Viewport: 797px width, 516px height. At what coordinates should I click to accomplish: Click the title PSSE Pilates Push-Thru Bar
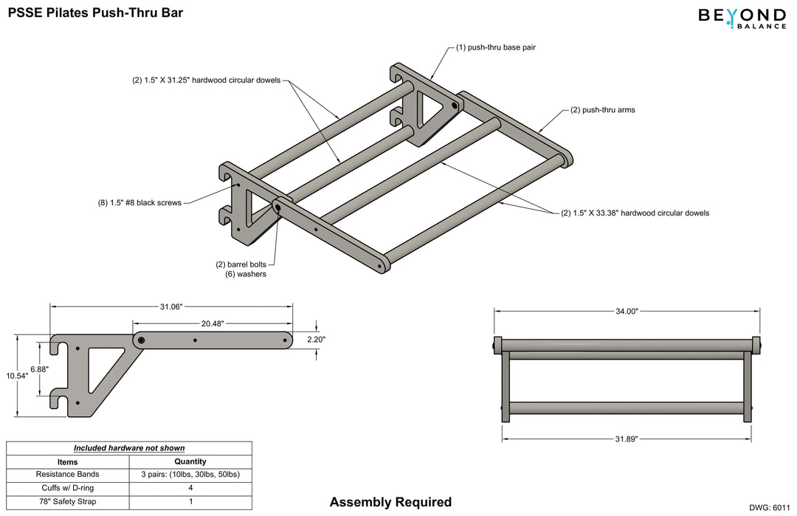95,13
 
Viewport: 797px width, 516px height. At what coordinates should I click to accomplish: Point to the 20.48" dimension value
213,323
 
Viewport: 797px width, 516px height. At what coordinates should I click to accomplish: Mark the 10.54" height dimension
17,376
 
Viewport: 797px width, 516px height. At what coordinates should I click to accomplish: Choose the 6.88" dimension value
41,368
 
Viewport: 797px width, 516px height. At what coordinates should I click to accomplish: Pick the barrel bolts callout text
241,264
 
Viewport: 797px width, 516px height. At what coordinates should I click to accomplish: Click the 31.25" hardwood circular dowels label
201,80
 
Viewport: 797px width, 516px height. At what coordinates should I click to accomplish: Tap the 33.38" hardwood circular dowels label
635,213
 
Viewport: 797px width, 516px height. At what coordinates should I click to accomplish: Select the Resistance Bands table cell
67,474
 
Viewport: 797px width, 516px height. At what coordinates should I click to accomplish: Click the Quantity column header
190,461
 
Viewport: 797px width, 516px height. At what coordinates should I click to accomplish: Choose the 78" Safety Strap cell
67,502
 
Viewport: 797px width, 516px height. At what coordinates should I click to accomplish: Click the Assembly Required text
390,503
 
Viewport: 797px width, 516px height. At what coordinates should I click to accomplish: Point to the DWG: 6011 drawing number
769,508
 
